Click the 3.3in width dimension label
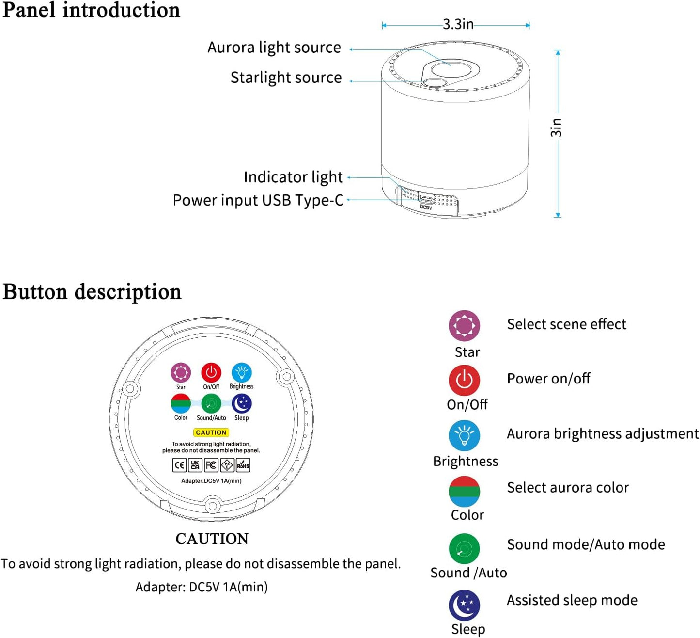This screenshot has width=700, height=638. (x=458, y=24)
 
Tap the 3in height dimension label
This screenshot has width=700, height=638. (x=557, y=128)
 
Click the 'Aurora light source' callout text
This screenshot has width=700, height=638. (x=274, y=48)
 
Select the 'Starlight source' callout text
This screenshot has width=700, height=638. (x=286, y=78)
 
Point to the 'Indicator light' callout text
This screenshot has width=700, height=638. (x=293, y=177)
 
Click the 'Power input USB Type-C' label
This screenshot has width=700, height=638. (x=258, y=200)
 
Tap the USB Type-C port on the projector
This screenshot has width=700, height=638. (x=426, y=199)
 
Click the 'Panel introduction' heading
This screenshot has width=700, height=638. (x=91, y=11)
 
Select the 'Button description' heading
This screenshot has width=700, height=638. (x=92, y=292)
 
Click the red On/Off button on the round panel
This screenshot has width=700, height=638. (x=211, y=373)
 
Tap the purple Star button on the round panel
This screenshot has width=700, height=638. (x=181, y=373)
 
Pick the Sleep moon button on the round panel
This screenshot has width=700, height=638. (x=241, y=403)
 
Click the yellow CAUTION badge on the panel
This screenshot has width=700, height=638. (x=211, y=432)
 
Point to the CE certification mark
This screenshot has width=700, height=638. (x=179, y=465)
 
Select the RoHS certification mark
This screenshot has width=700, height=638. (x=243, y=465)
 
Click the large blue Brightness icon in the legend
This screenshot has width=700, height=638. (x=464, y=435)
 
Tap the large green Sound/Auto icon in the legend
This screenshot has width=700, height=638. (x=464, y=549)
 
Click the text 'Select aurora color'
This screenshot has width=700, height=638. (x=568, y=488)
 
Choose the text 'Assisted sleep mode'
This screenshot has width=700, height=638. (x=572, y=600)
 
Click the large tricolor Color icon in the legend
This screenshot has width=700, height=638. (x=464, y=491)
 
